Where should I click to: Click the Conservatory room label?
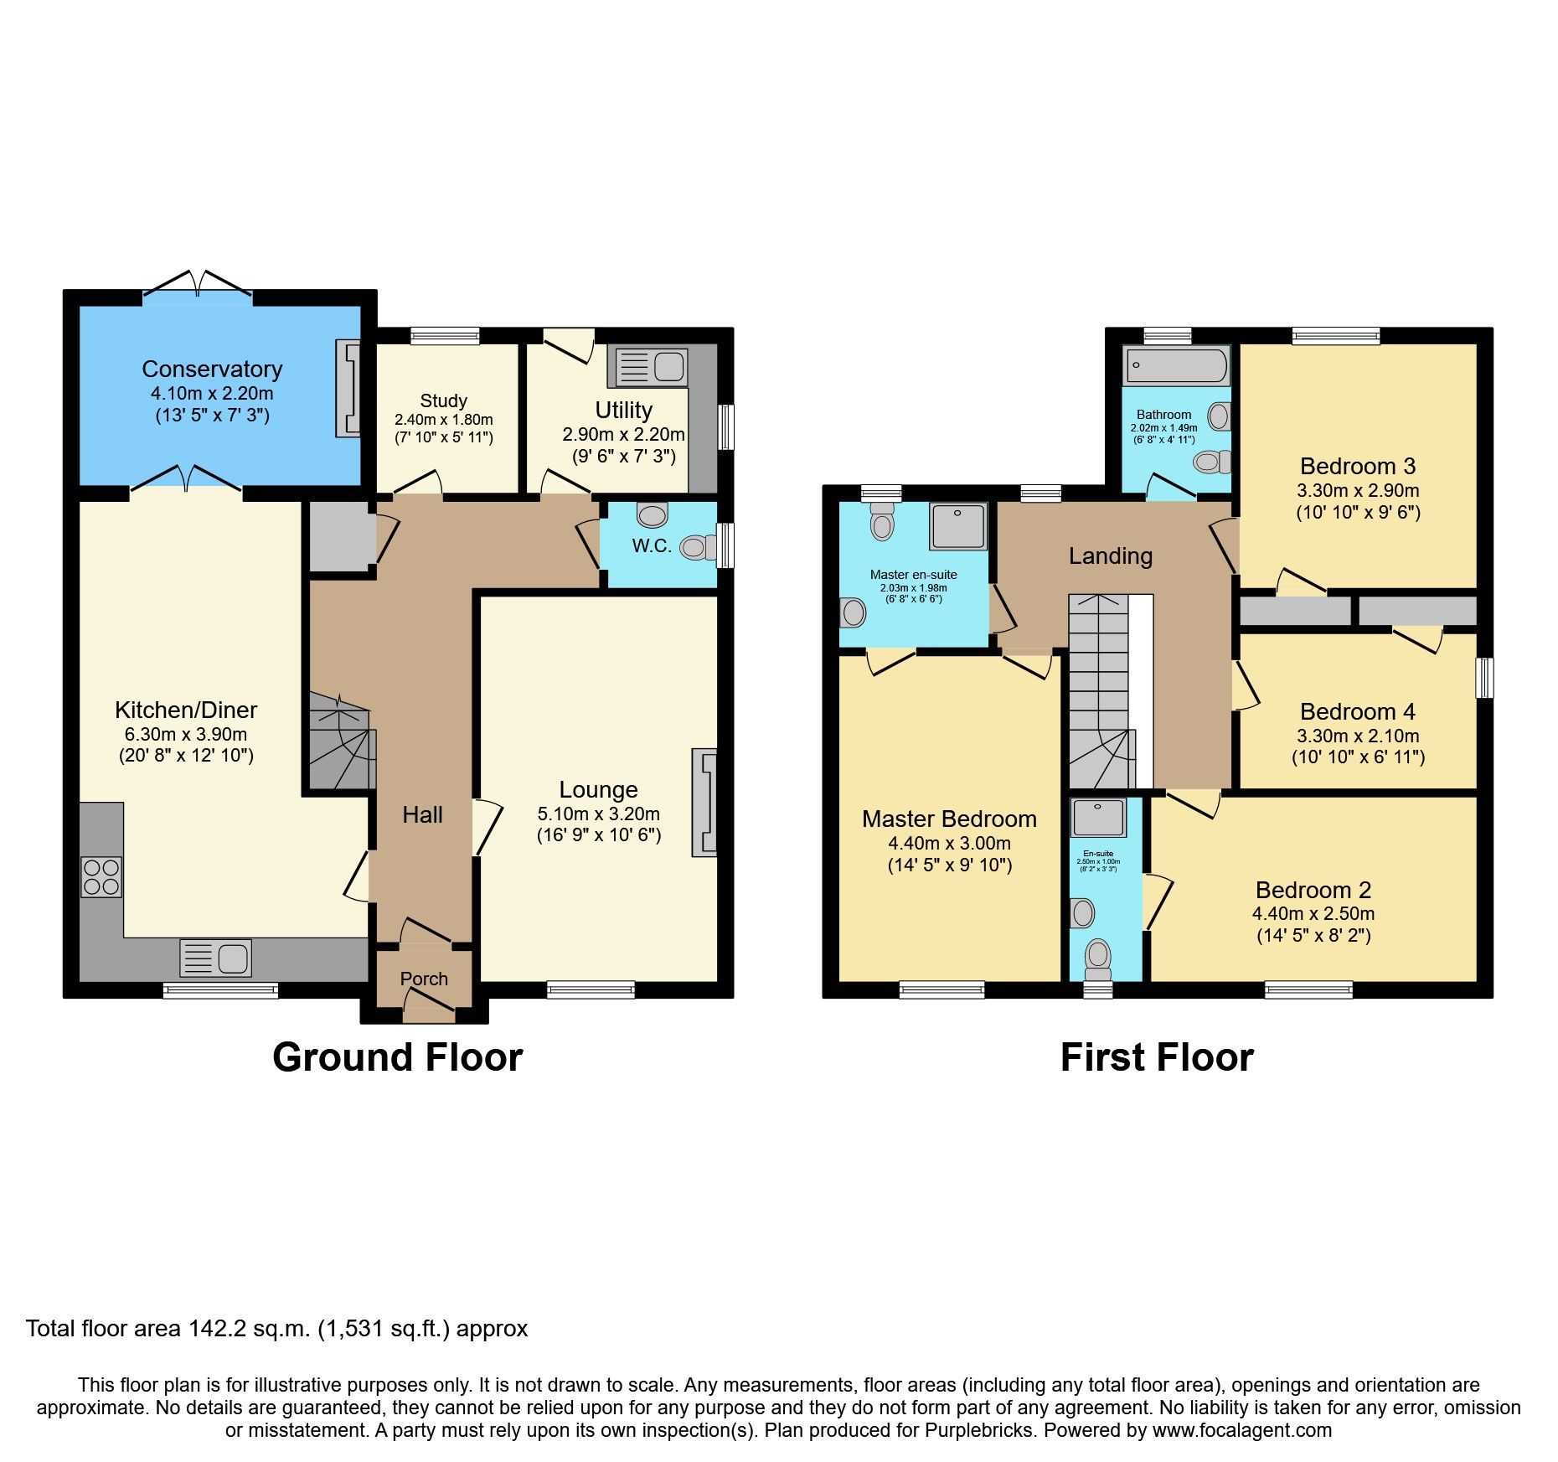[x=212, y=369]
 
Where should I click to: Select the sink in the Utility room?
[x=651, y=367]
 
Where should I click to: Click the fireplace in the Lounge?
[x=704, y=803]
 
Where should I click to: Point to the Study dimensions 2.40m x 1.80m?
[x=443, y=420]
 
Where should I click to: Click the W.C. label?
[x=652, y=546]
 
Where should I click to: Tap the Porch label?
[x=424, y=979]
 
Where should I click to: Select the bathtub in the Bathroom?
[x=1176, y=366]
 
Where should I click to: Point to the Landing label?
[x=1110, y=556]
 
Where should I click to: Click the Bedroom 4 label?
[x=1357, y=712]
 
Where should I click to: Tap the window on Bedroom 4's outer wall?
[x=1484, y=678]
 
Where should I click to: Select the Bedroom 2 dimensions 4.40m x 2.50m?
[x=1313, y=914]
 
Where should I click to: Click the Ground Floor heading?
[x=398, y=1057]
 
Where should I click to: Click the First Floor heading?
[x=1157, y=1057]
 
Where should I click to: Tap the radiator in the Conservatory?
[x=348, y=388]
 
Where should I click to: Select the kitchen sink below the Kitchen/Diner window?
[x=215, y=958]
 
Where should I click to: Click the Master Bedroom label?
[x=949, y=819]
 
